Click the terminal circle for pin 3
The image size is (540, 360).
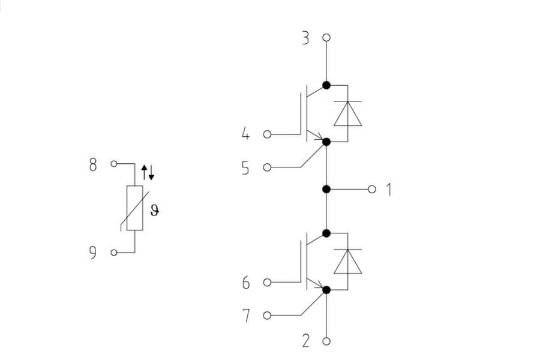point(326,37)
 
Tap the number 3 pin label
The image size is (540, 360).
point(305,38)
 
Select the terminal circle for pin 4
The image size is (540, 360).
point(267,134)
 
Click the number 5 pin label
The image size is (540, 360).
point(245,168)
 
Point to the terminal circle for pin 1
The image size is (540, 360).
point(371,189)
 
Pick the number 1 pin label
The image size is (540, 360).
point(389,190)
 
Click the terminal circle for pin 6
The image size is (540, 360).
point(267,283)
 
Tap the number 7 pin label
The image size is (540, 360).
point(246,316)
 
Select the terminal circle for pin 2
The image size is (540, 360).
point(326,341)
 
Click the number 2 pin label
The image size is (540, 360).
point(306,341)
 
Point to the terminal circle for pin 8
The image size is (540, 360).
point(114,164)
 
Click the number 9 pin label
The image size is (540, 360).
point(92,253)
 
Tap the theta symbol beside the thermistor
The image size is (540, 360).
point(155,211)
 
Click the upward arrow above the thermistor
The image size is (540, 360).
point(144,172)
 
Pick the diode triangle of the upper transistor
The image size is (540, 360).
point(347,113)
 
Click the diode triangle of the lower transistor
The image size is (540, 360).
point(347,262)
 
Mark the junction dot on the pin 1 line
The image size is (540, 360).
point(326,189)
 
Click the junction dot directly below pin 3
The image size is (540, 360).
point(326,85)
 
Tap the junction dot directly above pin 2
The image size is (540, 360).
point(326,290)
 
